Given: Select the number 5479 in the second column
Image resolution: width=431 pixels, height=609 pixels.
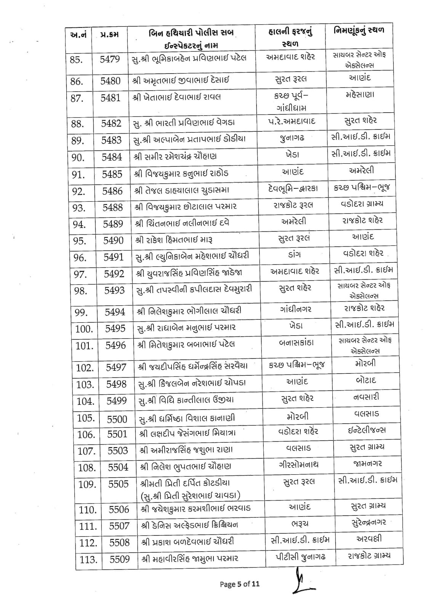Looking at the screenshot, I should coord(110,59).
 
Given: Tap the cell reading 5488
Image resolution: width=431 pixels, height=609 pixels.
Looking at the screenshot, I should coord(113,207).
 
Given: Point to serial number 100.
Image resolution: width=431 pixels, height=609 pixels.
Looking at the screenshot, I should coord(84,329).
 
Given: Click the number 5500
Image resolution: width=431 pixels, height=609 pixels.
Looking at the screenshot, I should coord(117,419).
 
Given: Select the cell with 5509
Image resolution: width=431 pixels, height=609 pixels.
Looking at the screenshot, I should coord(120,559).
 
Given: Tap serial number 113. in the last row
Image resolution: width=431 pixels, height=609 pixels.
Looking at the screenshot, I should coord(88,560).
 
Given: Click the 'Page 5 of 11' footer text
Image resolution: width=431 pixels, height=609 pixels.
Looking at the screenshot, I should coord(240,584).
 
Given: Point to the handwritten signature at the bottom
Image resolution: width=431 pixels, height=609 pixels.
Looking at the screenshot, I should coord(301,580).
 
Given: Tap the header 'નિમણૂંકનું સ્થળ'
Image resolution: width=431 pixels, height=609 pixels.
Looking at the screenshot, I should coord(359,30).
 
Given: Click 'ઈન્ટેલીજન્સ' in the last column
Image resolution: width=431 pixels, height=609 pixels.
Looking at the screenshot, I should coord(367,430).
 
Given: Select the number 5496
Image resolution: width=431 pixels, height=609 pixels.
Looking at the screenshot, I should coord(115,345).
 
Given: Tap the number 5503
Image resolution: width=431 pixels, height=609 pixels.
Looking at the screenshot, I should coord(118,451).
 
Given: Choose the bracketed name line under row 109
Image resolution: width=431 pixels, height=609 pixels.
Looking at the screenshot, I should coord(191,495).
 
